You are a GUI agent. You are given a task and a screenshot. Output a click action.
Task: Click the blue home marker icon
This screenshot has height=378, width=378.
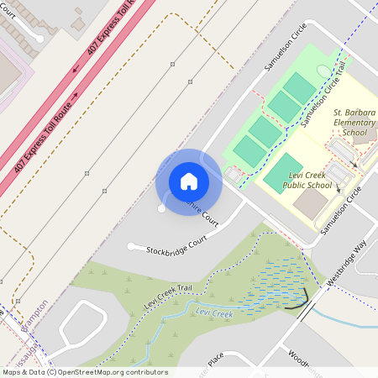pyautogui.click(x=189, y=181)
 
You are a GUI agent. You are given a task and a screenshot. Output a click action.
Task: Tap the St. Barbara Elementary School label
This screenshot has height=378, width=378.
pyautogui.click(x=354, y=122)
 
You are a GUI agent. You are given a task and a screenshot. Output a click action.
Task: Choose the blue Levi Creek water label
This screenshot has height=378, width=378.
pyautogui.click(x=213, y=313)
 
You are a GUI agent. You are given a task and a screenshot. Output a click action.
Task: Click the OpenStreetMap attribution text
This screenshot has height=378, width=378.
pyautogui.click(x=85, y=371)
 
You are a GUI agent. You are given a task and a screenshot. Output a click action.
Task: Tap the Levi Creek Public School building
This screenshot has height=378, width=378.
pyautogui.click(x=312, y=202)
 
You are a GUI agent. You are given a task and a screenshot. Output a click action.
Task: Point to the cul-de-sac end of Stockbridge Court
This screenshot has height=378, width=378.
pyautogui.click(x=131, y=246)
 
